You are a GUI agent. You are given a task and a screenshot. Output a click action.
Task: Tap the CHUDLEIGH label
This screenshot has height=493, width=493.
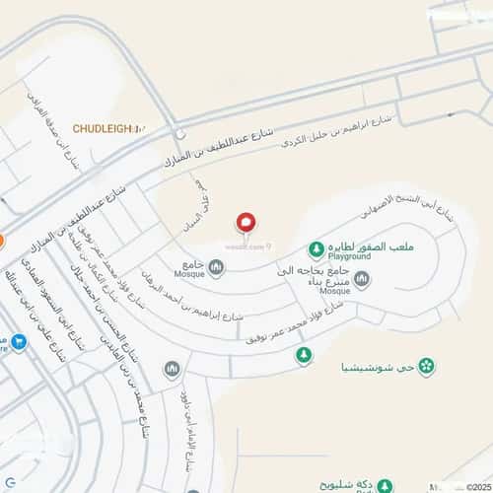click(x=108, y=128)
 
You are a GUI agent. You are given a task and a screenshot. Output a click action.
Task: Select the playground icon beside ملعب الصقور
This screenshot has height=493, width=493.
click(x=316, y=247)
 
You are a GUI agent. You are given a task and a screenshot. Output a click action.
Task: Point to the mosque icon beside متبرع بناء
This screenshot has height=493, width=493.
click(x=361, y=280)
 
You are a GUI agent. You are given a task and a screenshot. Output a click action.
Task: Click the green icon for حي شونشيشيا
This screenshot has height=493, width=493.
click(x=426, y=368)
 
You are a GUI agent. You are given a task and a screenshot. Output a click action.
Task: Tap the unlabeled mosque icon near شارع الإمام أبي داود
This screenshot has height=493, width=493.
click(x=172, y=369)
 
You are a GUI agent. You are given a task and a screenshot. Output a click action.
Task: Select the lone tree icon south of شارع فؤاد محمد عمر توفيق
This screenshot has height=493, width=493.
click(x=304, y=354)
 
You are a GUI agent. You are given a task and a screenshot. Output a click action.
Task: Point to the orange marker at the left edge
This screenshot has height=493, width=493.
click(x=2, y=240)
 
